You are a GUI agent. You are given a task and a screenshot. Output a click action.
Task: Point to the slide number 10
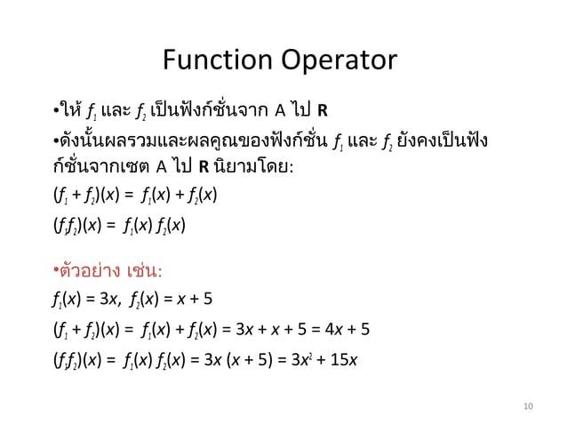coord(529,407)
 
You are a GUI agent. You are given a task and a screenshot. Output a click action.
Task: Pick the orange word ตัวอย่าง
coord(90,269)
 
